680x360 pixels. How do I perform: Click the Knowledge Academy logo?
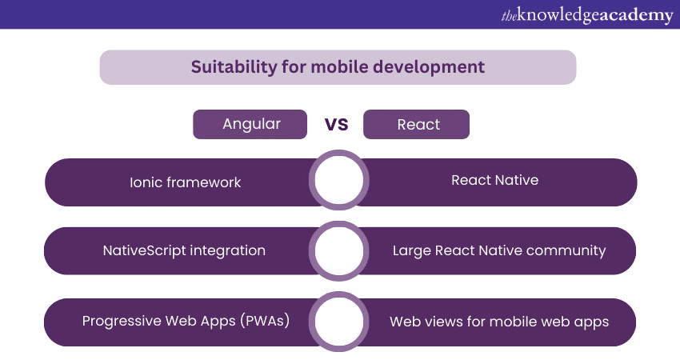586,14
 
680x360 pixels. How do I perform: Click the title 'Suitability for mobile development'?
338,66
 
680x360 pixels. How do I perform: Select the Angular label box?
250,124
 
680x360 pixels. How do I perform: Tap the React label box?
417,124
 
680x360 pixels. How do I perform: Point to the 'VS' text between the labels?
336,124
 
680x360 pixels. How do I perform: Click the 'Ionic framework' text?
185,182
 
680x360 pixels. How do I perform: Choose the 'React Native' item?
494,180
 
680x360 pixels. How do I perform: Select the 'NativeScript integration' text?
184,250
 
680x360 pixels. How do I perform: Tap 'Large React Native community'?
499,250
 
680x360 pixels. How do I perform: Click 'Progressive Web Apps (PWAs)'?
186,321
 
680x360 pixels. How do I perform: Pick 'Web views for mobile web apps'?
499,322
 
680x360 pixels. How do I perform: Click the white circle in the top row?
338,182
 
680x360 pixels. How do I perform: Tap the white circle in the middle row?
338,251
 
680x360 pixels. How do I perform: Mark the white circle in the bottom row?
338,322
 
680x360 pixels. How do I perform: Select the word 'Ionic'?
146,182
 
